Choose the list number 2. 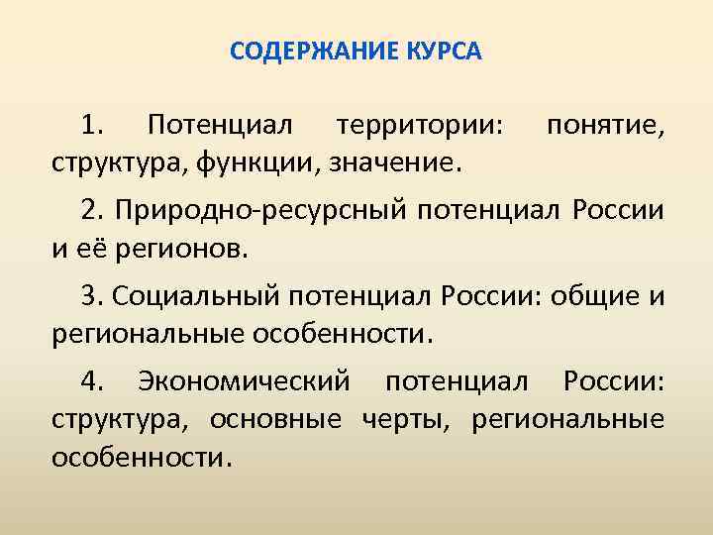95,211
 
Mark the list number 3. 95,296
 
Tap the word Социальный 199,296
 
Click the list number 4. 95,381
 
